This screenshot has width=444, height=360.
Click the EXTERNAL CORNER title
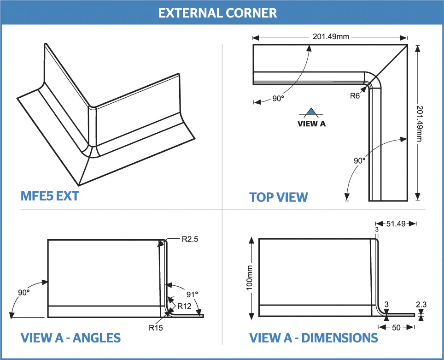point(217,12)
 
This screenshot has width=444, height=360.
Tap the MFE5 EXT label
point(50,196)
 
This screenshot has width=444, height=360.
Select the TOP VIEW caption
point(278,197)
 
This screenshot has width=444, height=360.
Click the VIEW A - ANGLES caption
point(70,338)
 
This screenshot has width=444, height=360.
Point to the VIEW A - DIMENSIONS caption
point(313,338)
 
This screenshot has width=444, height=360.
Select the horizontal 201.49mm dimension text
point(331,37)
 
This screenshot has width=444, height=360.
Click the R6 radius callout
point(355,96)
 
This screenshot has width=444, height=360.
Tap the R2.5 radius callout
point(190,239)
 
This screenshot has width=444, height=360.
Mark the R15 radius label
point(155,328)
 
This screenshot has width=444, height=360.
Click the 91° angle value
point(192,294)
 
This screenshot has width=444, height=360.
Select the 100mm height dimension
point(250,278)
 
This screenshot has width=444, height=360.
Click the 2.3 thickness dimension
point(421,305)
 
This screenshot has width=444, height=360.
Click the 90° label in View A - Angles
point(24,293)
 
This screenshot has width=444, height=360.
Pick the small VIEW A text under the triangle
point(311,124)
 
